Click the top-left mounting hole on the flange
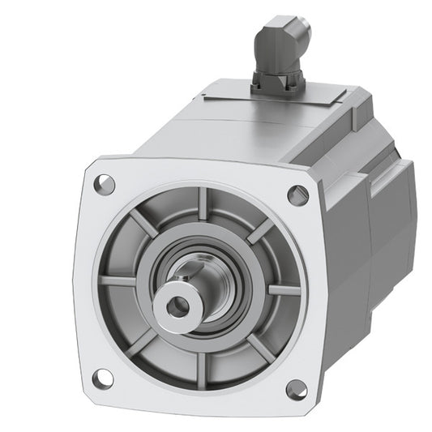coord(104,184)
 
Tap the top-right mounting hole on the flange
coord(298,195)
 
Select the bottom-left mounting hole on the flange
coord(103,378)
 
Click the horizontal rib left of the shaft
coord(118,281)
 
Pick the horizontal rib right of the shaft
coord(283,289)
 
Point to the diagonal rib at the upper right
coord(259,232)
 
